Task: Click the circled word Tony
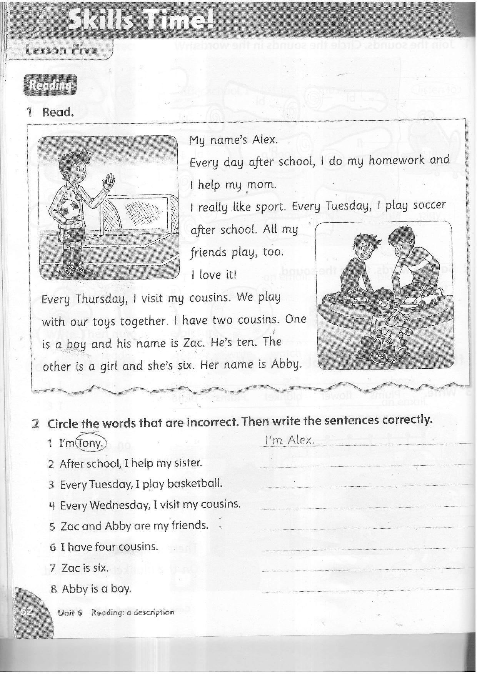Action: (91, 443)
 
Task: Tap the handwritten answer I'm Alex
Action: (290, 440)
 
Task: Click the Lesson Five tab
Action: (62, 50)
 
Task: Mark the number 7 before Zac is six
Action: (53, 567)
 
